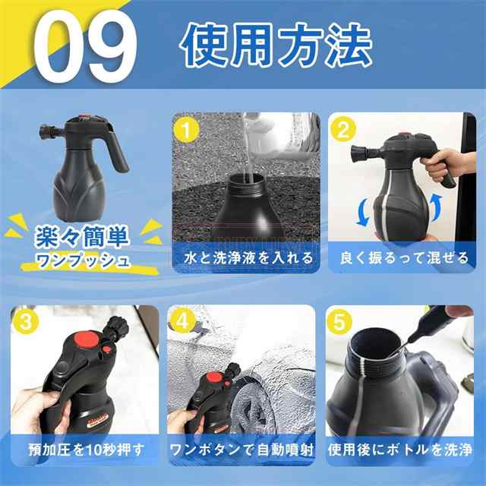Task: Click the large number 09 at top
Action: click(x=85, y=46)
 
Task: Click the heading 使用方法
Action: click(x=276, y=46)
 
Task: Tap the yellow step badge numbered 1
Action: click(x=187, y=131)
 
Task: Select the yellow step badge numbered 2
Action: click(x=342, y=130)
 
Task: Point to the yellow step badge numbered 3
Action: click(x=26, y=322)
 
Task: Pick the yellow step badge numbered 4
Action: click(x=182, y=321)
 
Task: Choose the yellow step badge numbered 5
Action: click(x=339, y=322)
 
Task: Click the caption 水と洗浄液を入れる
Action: click(x=248, y=258)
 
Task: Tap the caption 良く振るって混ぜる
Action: click(x=404, y=258)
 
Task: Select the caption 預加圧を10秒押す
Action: click(x=87, y=450)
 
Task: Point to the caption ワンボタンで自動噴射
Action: click(x=242, y=450)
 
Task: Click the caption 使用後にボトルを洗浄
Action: click(x=400, y=450)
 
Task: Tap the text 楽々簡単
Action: click(x=82, y=237)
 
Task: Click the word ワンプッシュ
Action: click(x=83, y=260)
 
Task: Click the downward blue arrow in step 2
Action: click(x=362, y=213)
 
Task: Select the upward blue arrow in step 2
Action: click(x=437, y=207)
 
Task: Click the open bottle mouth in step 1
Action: click(x=247, y=180)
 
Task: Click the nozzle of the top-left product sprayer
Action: click(x=49, y=131)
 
